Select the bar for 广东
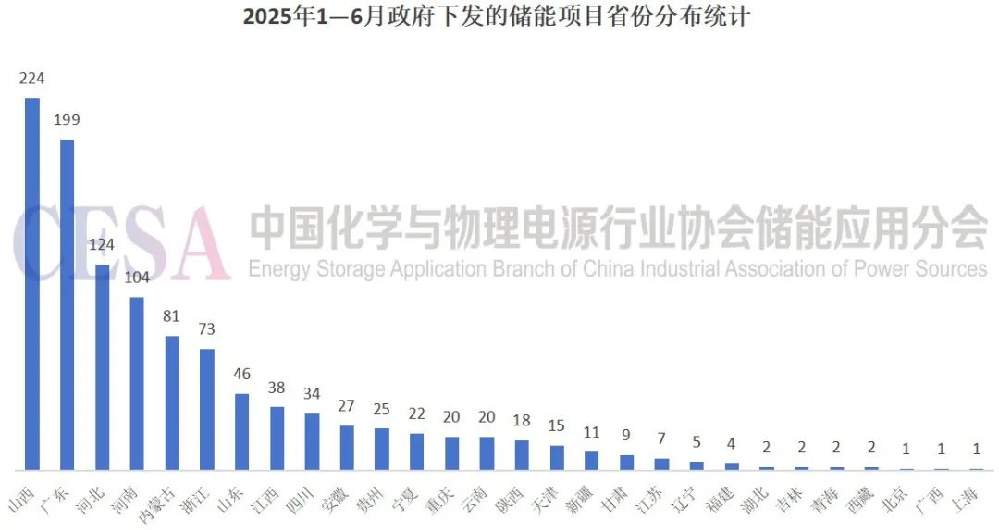tap(68, 304)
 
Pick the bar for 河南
tap(137, 383)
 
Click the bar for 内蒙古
tap(172, 402)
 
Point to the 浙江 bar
tap(207, 409)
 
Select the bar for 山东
tap(241, 431)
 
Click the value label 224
tap(32, 79)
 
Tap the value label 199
tap(68, 120)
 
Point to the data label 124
tap(102, 245)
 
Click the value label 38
tap(277, 388)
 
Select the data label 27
tap(347, 406)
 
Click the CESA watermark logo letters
tap(120, 242)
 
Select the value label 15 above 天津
tap(557, 425)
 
